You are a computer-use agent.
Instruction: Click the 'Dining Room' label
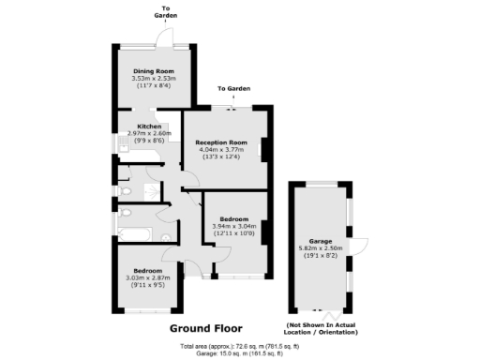pos(155,70)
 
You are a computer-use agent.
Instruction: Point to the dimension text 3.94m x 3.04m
pos(233,226)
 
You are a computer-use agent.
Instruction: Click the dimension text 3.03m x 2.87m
pos(149,277)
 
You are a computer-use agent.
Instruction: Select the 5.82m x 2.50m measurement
pos(320,248)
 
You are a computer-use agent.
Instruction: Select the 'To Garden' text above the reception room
pos(234,89)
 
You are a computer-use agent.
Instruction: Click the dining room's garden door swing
pos(167,37)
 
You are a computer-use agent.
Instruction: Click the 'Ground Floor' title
pos(205,328)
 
